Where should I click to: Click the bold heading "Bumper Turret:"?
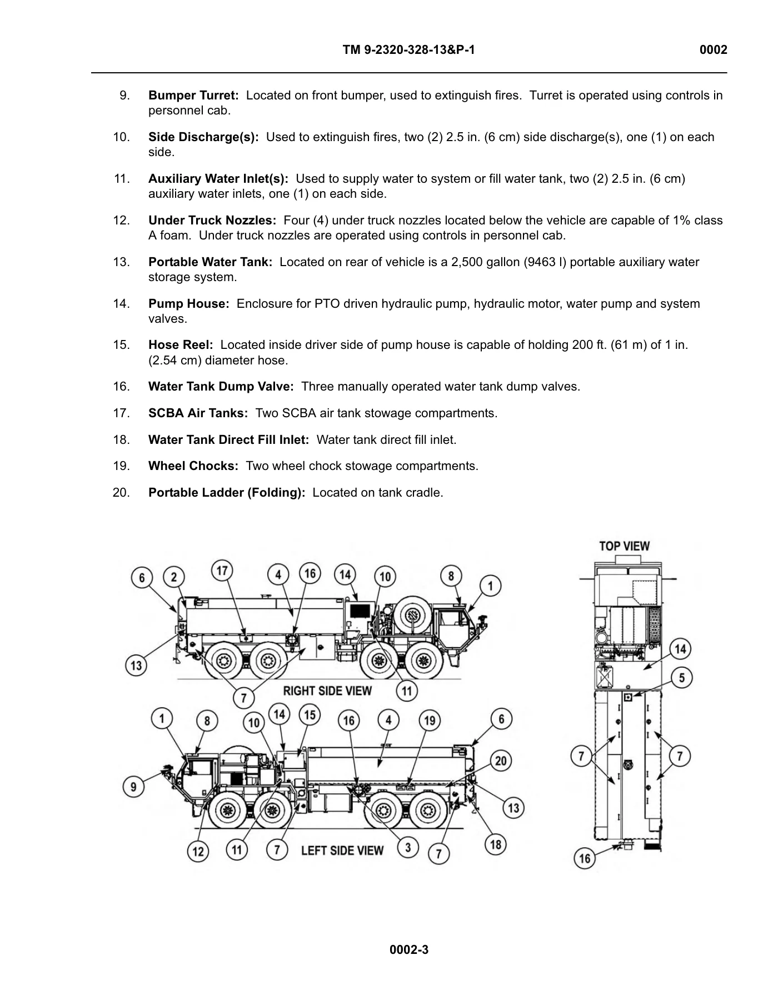[193, 96]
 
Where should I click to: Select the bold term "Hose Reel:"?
[181, 345]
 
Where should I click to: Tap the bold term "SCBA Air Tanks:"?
[198, 413]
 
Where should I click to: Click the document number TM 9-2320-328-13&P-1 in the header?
[409, 50]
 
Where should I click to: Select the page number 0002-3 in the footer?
[409, 949]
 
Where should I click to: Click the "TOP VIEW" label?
[624, 546]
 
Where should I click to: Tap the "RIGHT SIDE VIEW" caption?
[327, 691]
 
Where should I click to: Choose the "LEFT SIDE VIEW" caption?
[342, 851]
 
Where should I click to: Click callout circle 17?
[222, 571]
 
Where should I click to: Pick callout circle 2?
[174, 577]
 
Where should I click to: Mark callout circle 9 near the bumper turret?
[133, 787]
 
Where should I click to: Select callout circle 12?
[198, 851]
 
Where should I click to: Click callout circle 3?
[408, 847]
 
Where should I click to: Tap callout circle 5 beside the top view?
[682, 678]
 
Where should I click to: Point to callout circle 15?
[310, 715]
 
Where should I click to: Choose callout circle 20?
[501, 761]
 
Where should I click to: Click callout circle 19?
[430, 721]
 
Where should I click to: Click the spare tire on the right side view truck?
[412, 615]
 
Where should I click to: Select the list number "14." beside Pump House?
[121, 304]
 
